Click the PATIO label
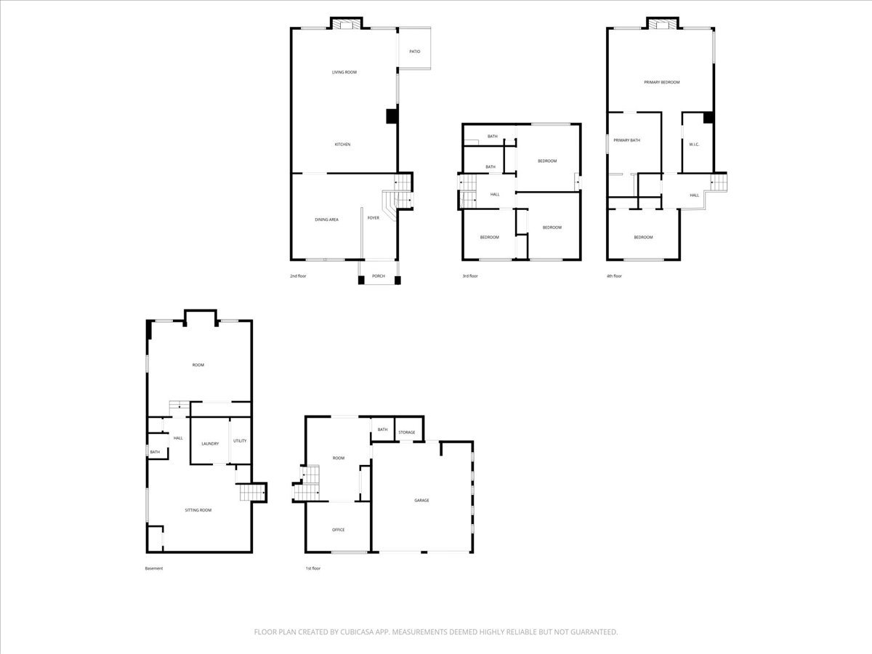pos(415,52)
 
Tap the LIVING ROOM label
pos(344,72)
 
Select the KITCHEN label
pos(342,145)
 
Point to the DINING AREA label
pos(326,219)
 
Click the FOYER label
pos(374,218)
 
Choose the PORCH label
pos(379,276)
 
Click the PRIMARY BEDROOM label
pos(662,82)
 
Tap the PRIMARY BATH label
pos(627,140)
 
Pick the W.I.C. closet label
pos(694,145)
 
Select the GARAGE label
pos(422,501)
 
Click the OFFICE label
pos(339,530)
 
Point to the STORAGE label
pos(407,432)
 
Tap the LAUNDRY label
pos(210,444)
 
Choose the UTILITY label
pos(240,441)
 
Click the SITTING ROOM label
pos(198,510)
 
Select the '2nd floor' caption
pos(298,276)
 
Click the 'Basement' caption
pos(154,568)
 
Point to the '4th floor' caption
pos(614,276)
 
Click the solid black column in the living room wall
pos(392,116)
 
